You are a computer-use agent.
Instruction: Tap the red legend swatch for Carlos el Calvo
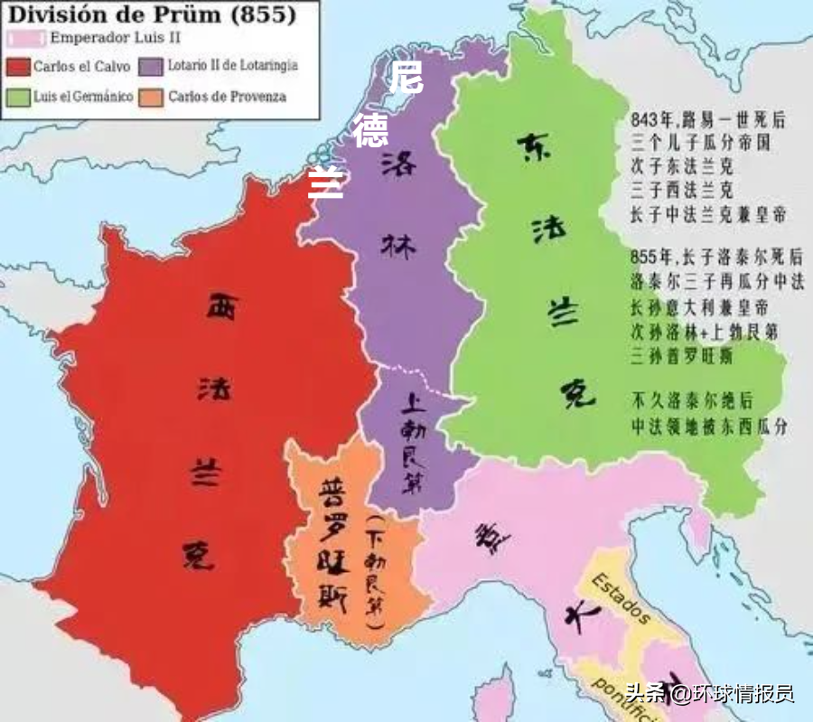[x=17, y=67]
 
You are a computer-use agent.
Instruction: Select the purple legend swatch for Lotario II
[x=150, y=67]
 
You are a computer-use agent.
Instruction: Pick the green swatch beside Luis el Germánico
[x=17, y=96]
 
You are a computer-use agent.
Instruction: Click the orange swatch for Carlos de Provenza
[x=150, y=96]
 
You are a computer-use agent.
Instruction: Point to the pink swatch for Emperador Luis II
[x=25, y=39]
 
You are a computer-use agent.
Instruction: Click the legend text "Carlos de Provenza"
[x=227, y=96]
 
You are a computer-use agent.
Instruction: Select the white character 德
[x=370, y=131]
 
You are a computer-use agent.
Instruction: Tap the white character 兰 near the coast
[x=326, y=181]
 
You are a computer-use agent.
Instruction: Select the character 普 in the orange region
[x=329, y=492]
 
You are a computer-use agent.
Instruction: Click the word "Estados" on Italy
[x=621, y=598]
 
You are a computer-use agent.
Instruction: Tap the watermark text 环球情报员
[x=743, y=694]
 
